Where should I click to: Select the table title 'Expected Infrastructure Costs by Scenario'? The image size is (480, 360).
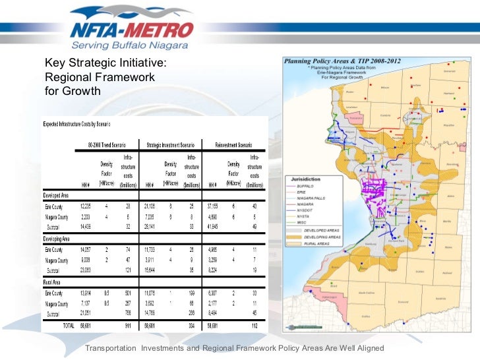pyautogui.click(x=77, y=124)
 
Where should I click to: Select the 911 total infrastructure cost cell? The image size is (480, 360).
pyautogui.click(x=127, y=325)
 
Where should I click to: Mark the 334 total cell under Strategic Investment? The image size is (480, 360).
pyautogui.click(x=191, y=325)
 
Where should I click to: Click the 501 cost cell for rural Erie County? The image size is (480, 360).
pyautogui.click(x=128, y=293)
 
